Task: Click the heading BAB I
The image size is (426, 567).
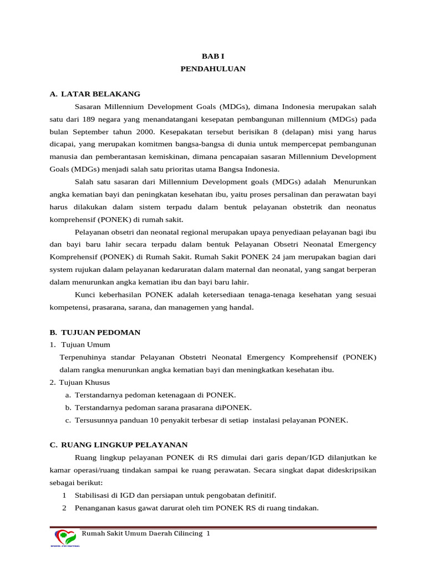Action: tap(212, 56)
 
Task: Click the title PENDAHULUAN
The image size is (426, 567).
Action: tap(212, 69)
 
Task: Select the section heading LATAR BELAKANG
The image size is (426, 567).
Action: tap(100, 94)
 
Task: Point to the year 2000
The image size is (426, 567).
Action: tap(146, 132)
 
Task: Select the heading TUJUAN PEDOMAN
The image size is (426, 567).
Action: tap(100, 332)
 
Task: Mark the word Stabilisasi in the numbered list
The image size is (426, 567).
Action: tap(96, 495)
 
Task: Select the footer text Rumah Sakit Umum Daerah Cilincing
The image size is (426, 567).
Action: tap(143, 533)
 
